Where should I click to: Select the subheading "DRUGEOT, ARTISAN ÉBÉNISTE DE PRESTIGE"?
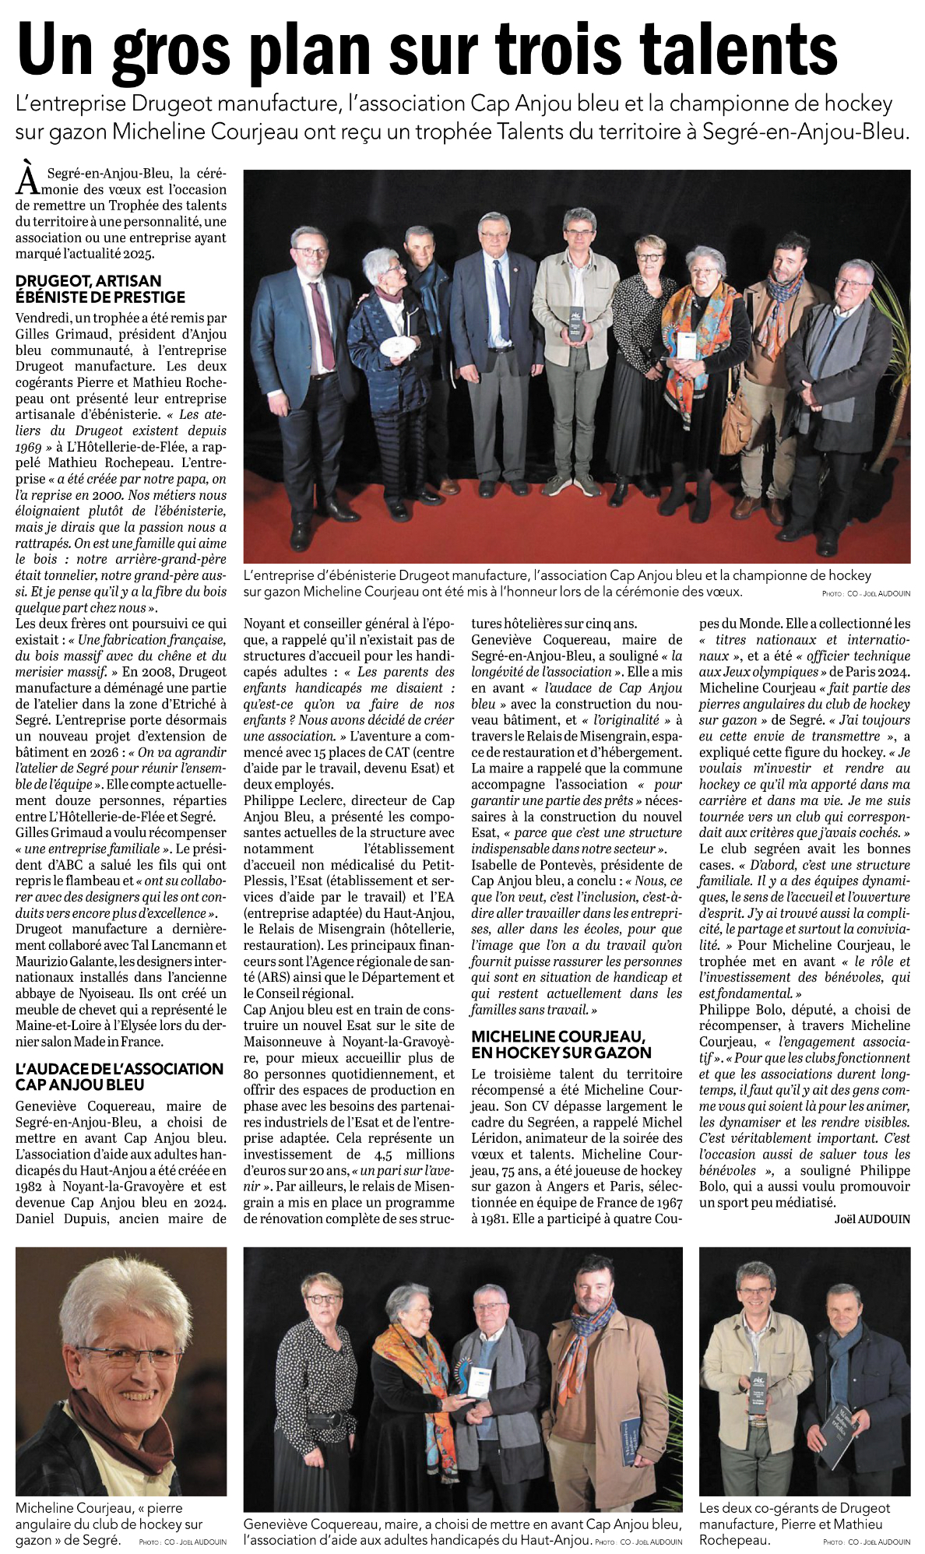coord(100,289)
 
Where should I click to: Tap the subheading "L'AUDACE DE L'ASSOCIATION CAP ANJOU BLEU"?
coord(119,1076)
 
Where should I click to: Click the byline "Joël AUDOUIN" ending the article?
coord(872,1218)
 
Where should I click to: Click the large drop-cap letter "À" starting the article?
coord(28,178)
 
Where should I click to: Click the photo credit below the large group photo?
coord(865,593)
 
